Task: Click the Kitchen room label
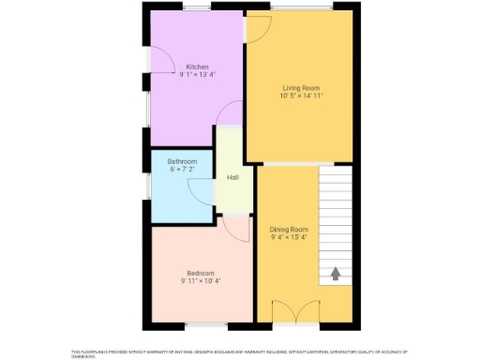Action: click(x=197, y=67)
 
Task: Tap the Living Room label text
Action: click(x=300, y=86)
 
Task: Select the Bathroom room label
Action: click(x=183, y=161)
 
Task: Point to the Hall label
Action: click(x=232, y=176)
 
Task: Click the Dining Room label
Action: click(x=289, y=229)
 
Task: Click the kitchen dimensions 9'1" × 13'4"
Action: click(x=197, y=75)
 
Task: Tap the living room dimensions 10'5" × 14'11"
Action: click(x=300, y=95)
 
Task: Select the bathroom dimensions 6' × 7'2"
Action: click(x=183, y=170)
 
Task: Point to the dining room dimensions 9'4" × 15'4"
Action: click(x=289, y=237)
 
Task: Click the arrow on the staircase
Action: click(x=335, y=275)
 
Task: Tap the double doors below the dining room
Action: click(x=297, y=312)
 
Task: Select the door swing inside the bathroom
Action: click(x=202, y=190)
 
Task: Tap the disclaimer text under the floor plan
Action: click(x=239, y=353)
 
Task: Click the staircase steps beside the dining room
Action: click(x=335, y=216)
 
